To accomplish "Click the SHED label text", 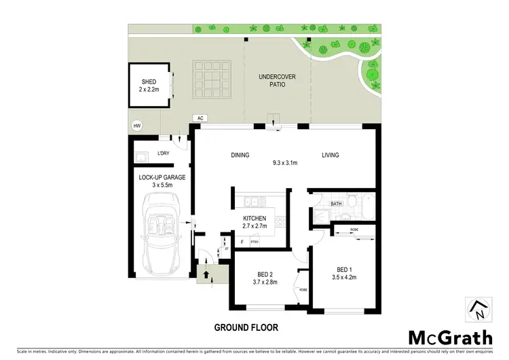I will (148, 82).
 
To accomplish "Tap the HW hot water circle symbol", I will (137, 126).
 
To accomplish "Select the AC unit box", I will (200, 118).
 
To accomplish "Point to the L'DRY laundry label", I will (163, 154).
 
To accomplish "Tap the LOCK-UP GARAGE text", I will (162, 177).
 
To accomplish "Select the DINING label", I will (240, 156).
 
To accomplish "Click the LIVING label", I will (331, 156).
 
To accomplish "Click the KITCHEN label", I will (254, 218).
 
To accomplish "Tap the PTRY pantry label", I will (254, 241).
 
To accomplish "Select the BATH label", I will (336, 203).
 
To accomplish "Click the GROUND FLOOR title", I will (246, 327).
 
